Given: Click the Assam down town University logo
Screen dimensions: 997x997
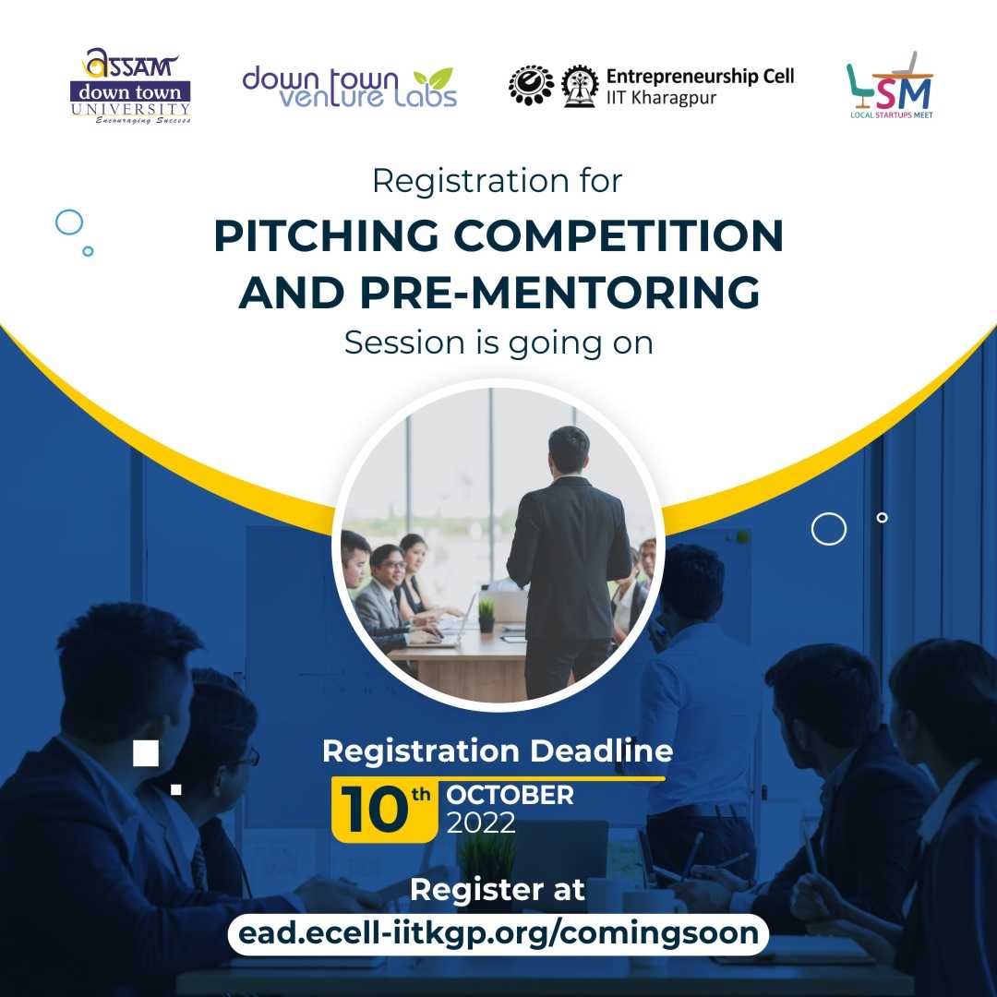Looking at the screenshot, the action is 130,86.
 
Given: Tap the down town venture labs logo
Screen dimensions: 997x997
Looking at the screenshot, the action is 350,87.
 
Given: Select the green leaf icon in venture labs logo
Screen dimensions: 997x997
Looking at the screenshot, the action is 433,78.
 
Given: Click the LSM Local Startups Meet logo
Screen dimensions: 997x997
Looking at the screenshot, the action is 890,85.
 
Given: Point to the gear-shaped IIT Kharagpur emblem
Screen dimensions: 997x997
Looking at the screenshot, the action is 580,86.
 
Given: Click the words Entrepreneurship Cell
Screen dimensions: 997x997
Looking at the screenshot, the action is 700,77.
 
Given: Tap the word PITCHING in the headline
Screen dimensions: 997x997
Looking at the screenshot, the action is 326,236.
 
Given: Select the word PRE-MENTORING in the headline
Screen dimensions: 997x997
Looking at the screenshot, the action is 559,293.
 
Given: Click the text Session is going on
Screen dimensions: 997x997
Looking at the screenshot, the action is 498,343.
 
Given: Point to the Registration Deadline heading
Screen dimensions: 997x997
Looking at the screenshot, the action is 498,751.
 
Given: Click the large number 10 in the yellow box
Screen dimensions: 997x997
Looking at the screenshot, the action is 374,809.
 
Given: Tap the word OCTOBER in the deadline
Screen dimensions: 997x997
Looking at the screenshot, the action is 510,795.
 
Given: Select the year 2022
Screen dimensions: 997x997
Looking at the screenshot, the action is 481,823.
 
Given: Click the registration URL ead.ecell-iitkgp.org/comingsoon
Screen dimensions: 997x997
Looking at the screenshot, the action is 498,933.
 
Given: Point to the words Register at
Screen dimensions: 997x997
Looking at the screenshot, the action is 498,890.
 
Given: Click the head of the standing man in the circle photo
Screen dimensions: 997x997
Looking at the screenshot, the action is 569,450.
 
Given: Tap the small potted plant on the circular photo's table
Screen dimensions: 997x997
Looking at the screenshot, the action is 486,616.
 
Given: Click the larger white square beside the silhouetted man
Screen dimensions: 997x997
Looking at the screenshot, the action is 146,753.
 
